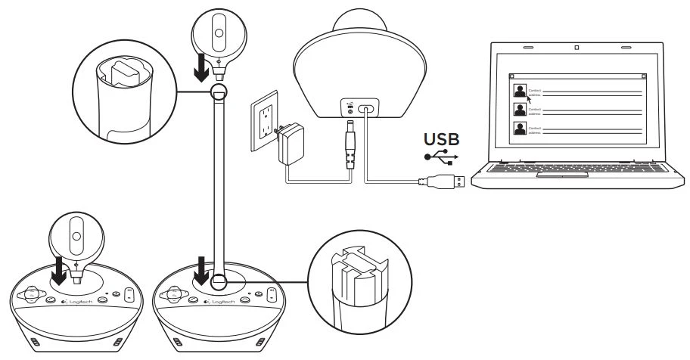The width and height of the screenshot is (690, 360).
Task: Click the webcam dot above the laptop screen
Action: click(577, 48)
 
